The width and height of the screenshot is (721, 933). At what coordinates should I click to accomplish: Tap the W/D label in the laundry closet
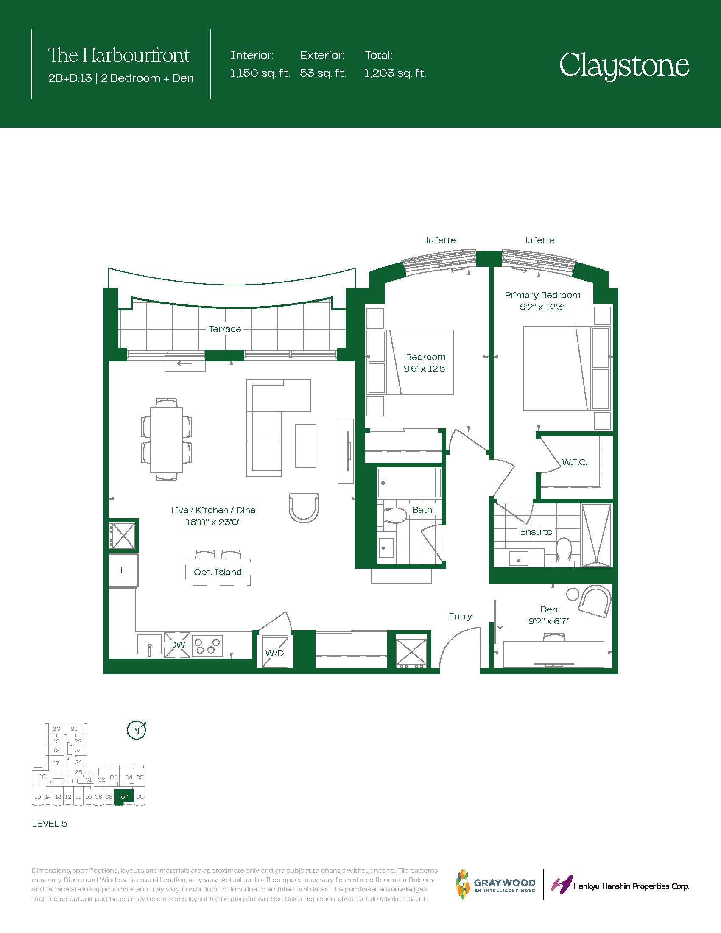pos(274,653)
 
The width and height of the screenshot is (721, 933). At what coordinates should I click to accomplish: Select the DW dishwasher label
pos(177,645)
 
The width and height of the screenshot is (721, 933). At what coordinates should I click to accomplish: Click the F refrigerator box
pos(123,570)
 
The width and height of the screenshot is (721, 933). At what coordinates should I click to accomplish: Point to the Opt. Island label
pos(218,572)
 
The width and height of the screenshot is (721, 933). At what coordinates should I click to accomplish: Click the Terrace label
pos(225,329)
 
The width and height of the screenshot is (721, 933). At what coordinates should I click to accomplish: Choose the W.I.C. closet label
pos(575,462)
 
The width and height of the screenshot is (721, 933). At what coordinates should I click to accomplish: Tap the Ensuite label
pos(536,532)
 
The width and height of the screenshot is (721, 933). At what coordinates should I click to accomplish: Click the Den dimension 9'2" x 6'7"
pos(549,621)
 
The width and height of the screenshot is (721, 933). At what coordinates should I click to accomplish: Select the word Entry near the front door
pos(460,616)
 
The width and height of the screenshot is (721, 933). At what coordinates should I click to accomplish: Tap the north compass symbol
pos(137,731)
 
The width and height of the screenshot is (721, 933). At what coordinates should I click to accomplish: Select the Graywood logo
pos(495,884)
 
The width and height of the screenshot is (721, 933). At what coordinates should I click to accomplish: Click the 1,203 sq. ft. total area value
pos(395,73)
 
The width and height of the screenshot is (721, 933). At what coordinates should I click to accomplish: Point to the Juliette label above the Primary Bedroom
pos(539,240)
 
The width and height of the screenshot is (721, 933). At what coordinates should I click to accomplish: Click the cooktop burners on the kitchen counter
pos(207,646)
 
